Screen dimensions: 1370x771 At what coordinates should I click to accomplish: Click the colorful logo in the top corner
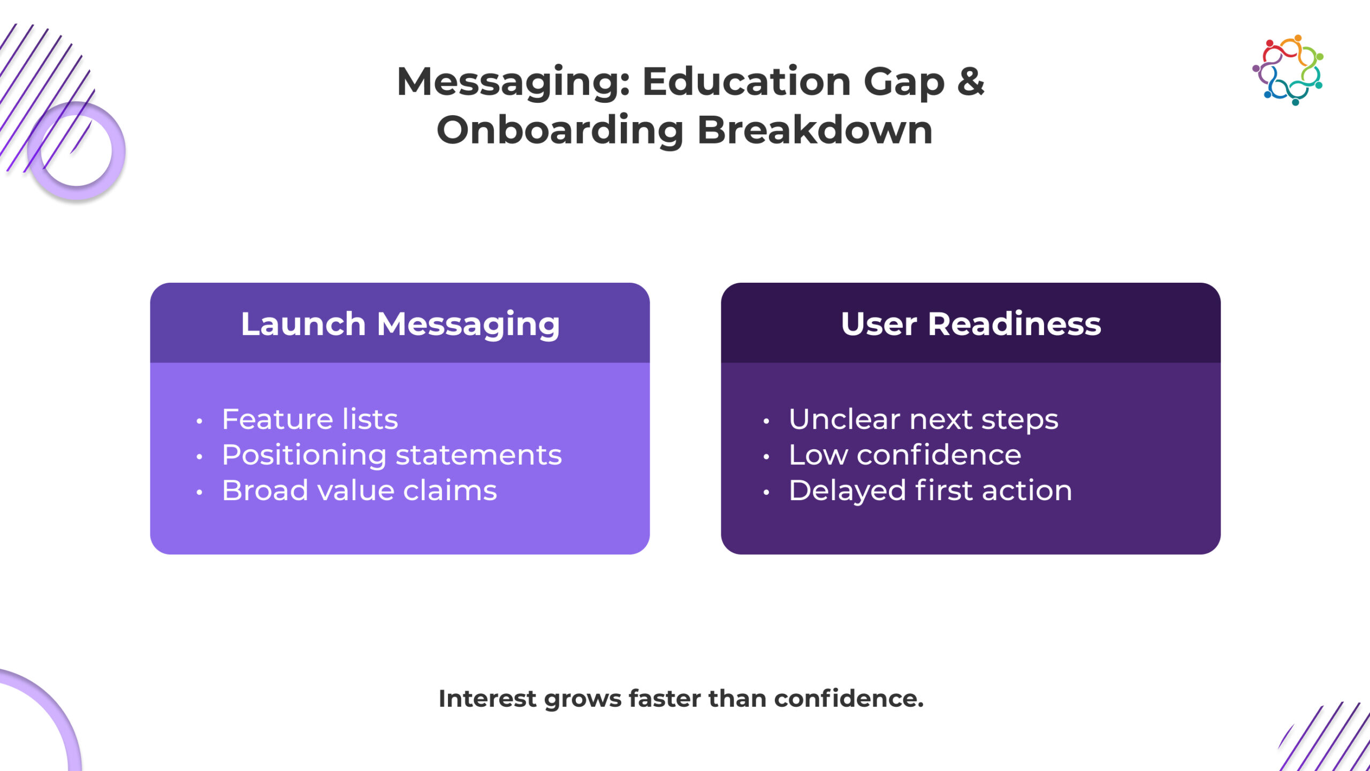[1288, 70]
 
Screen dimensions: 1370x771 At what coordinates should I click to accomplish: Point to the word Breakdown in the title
[815, 130]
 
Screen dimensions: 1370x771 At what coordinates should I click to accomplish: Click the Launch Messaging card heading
[400, 324]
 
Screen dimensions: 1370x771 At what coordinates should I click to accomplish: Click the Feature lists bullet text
[310, 419]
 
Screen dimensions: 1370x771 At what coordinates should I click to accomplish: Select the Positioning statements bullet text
[392, 456]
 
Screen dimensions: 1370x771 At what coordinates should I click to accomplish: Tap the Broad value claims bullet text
[360, 490]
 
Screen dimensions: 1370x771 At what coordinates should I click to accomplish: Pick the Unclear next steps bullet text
[923, 420]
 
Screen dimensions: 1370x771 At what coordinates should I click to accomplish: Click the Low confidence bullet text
[905, 455]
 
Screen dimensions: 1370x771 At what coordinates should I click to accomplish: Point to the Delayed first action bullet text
[931, 491]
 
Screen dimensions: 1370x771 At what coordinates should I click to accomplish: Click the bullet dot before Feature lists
[199, 421]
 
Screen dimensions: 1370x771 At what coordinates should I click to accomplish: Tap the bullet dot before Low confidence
[766, 457]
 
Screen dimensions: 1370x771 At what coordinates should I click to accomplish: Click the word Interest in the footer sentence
[487, 699]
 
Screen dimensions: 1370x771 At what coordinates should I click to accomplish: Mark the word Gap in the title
[904, 84]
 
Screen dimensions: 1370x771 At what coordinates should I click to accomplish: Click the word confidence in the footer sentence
[849, 699]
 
